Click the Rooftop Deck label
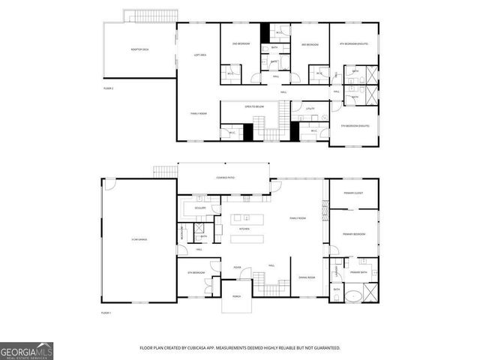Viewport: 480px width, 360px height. click(x=139, y=49)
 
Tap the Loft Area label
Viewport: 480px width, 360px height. click(x=200, y=55)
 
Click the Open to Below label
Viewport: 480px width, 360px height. click(x=253, y=107)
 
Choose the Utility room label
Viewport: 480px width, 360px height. click(x=310, y=109)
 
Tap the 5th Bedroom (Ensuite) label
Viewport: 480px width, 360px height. click(x=354, y=125)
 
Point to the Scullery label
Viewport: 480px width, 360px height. click(x=199, y=208)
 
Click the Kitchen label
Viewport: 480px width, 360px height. click(x=244, y=229)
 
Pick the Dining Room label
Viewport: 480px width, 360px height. click(x=306, y=277)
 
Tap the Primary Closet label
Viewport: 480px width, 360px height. click(x=354, y=202)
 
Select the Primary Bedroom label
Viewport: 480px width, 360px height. click(x=354, y=234)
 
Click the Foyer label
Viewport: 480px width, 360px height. click(x=236, y=266)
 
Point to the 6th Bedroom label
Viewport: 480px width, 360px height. click(x=196, y=272)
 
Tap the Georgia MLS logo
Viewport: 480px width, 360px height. click(x=26, y=351)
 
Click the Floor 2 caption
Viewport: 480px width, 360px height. click(x=108, y=88)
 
